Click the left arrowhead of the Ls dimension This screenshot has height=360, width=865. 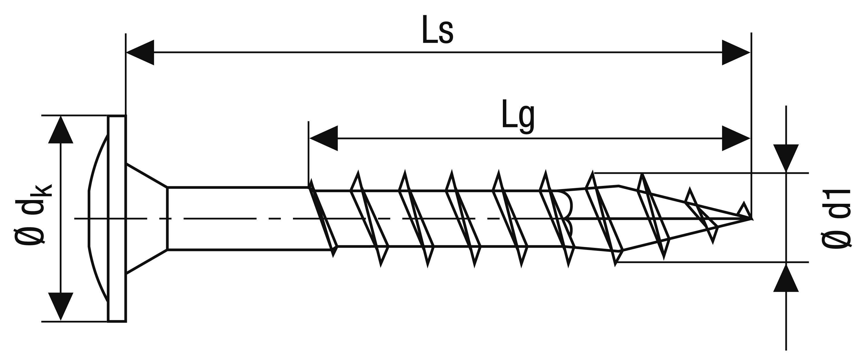click(x=140, y=52)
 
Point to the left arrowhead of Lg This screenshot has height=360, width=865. click(x=323, y=138)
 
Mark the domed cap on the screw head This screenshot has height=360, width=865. click(x=97, y=218)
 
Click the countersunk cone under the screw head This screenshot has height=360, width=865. click(x=147, y=218)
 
